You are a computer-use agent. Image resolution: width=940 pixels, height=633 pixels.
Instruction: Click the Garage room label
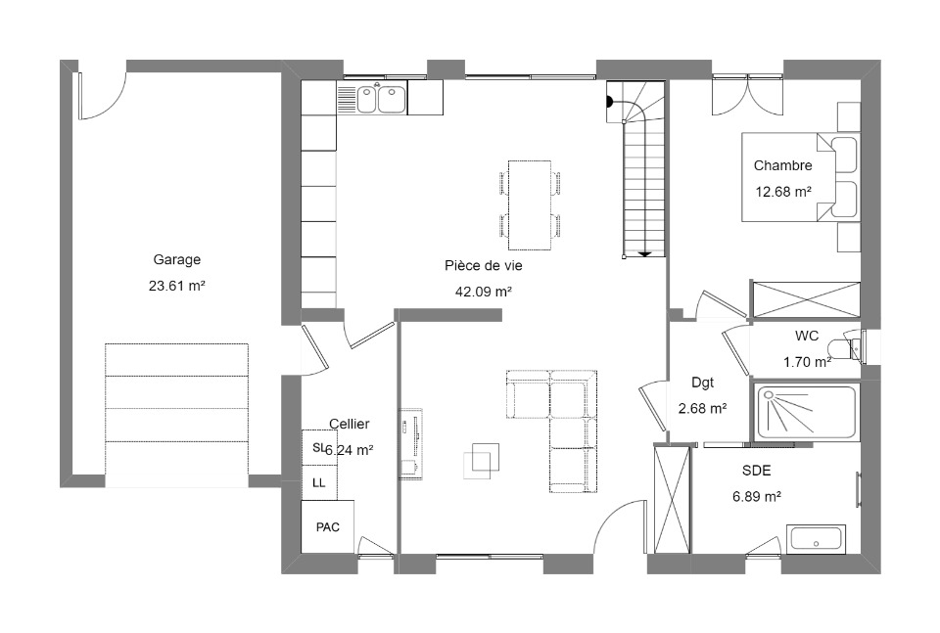point(177,260)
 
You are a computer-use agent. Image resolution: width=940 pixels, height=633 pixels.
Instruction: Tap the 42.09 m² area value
point(483,292)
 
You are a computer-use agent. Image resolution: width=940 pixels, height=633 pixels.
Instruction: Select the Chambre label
point(783,165)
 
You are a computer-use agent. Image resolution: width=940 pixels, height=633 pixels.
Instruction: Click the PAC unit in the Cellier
point(327,526)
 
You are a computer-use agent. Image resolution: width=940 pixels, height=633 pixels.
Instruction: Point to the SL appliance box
point(319,447)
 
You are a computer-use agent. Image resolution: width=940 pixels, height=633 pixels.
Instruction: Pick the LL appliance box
point(319,482)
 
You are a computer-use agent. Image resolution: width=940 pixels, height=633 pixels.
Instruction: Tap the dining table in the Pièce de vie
point(530,204)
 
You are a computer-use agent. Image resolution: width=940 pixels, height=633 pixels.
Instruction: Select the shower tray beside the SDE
point(806,412)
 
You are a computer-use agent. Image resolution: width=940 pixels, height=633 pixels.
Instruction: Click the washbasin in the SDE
point(816,539)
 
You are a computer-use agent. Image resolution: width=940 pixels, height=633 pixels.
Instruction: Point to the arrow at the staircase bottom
point(644,254)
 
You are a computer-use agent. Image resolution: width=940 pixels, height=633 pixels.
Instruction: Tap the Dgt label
point(703,383)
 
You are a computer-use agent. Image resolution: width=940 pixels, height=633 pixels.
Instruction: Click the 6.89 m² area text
point(757,496)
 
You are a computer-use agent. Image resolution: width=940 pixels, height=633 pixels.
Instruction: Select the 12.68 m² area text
point(783,192)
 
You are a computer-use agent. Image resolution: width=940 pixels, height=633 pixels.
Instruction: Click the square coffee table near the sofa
point(482,461)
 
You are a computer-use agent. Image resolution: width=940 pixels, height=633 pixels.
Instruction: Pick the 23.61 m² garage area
point(177,286)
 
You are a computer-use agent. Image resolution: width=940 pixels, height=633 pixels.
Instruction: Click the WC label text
point(807,336)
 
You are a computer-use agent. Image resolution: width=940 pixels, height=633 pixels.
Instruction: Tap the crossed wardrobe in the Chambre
point(806,299)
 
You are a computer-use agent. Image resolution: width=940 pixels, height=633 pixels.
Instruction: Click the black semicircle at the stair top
point(610,102)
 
